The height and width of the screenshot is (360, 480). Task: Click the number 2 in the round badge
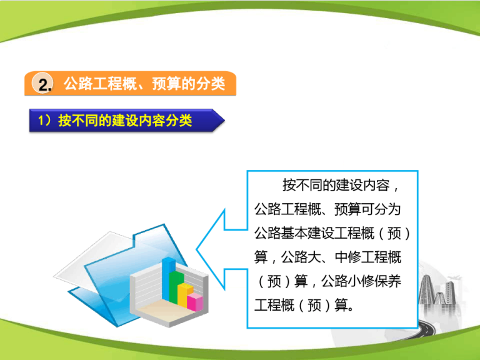44,84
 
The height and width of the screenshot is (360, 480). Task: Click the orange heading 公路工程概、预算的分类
144,84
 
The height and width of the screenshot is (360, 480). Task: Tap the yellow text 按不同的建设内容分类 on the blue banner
125,120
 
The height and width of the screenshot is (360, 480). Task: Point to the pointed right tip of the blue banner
225,120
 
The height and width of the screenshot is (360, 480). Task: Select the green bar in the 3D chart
176,287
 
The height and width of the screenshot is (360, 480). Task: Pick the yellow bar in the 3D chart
184,295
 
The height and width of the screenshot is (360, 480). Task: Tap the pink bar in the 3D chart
195,302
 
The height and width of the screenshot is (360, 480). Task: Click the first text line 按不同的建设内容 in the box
336,185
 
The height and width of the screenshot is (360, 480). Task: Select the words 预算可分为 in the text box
367,209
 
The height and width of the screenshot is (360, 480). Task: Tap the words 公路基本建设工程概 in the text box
314,233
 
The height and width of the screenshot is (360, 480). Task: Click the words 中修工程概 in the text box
368,257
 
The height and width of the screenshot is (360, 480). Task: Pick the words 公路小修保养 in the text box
361,281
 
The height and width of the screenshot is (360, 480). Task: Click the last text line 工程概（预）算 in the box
301,304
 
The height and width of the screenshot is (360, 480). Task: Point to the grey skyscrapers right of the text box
437,289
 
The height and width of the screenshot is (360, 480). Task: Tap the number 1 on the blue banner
41,120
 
